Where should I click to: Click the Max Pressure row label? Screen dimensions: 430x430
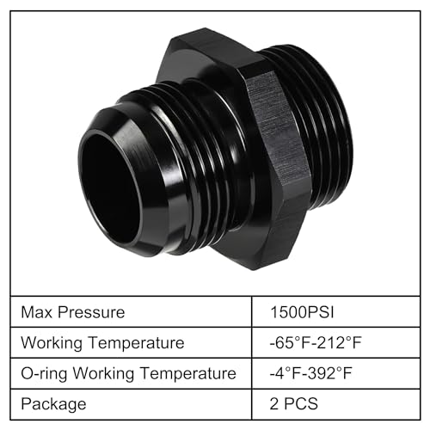74,311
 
